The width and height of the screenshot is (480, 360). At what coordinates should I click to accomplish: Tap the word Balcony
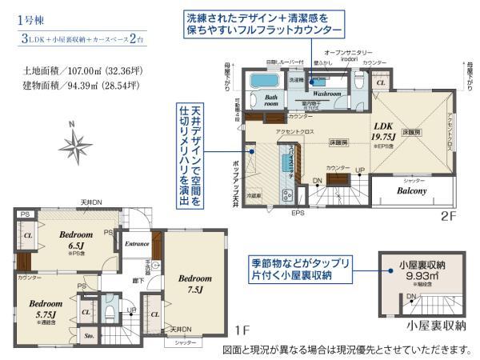coord(409,192)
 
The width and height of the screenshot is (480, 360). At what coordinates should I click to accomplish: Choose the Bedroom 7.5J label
coord(194,283)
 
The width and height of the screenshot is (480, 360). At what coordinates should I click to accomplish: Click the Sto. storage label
coord(90,337)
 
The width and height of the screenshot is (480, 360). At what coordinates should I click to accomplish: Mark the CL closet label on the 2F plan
coord(381,82)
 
